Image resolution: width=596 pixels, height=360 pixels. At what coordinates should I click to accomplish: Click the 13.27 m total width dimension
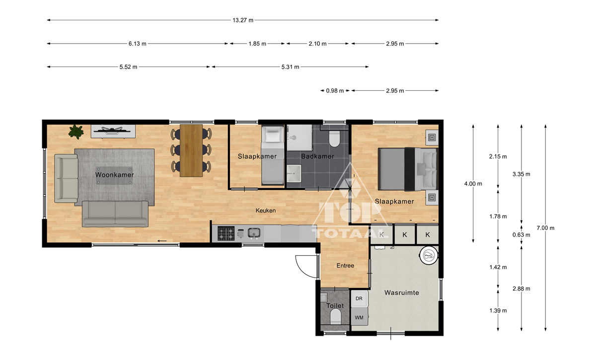(243, 20)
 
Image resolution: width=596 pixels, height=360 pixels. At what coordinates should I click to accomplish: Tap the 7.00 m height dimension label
(545, 228)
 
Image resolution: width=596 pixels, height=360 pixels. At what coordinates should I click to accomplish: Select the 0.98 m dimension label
(335, 91)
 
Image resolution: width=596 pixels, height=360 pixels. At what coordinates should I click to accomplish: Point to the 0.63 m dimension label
(521, 235)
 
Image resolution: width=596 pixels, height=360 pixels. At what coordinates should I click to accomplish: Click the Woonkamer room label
(114, 175)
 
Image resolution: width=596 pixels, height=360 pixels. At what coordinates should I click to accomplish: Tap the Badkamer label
(317, 156)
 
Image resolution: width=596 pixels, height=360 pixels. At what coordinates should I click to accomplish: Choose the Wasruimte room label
(401, 292)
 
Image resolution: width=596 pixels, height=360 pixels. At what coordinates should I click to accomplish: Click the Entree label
(345, 266)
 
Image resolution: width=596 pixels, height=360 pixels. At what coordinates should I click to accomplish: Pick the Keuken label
(266, 211)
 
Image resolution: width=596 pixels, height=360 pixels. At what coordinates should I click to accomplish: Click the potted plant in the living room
(76, 132)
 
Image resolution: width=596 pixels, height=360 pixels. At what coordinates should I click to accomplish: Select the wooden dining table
(191, 150)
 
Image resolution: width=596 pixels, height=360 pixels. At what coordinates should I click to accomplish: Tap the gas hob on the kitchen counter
(226, 233)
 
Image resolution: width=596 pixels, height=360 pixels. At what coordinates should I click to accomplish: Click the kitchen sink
(254, 233)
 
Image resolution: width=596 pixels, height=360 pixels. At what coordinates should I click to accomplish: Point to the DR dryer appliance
(359, 298)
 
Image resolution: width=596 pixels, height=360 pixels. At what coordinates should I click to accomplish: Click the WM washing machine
(359, 317)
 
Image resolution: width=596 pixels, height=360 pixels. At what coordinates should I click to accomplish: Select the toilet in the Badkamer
(334, 139)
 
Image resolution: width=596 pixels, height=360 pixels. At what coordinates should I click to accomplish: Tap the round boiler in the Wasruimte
(429, 255)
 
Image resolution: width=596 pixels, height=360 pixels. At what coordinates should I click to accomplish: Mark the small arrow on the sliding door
(162, 241)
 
